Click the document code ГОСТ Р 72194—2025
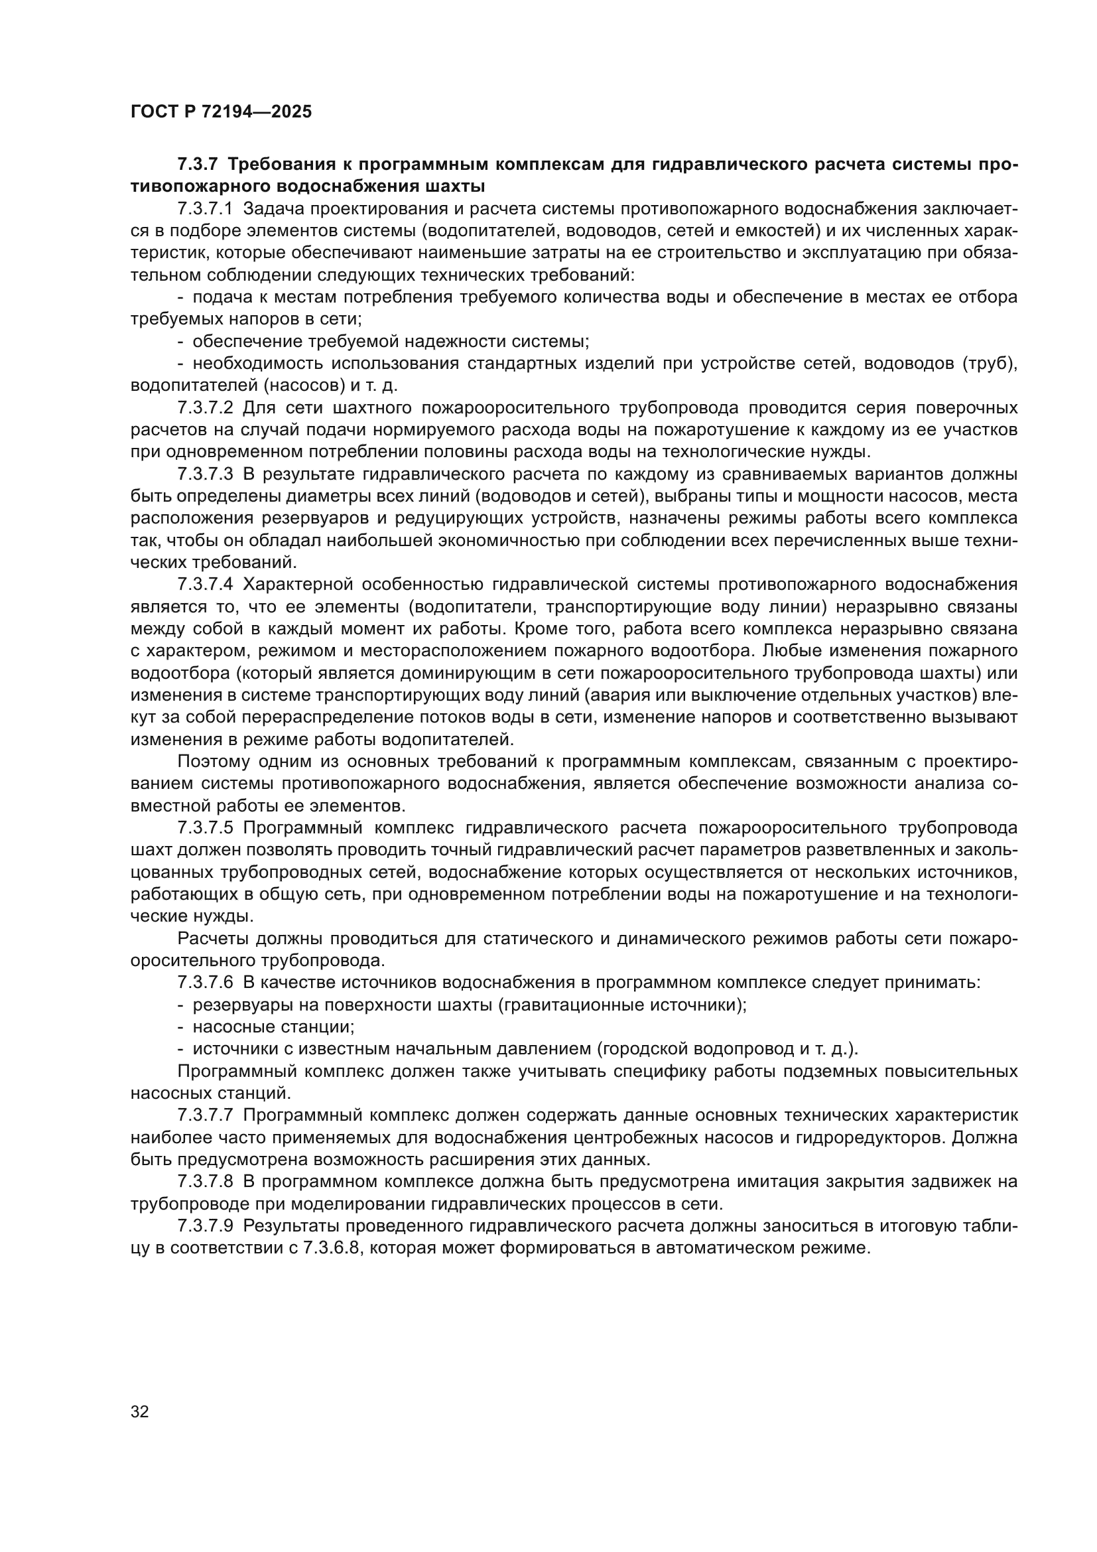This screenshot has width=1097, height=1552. [x=221, y=112]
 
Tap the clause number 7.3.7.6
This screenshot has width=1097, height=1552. [x=205, y=982]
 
